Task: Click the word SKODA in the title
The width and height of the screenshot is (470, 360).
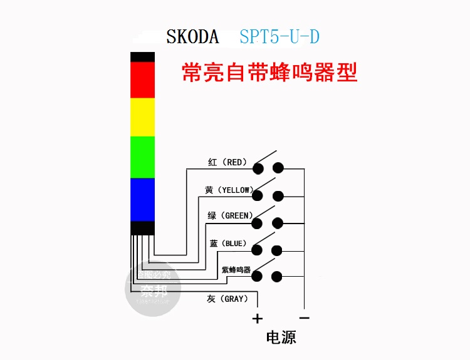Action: [192, 37]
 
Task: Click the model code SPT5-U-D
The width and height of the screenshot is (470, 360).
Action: [279, 37]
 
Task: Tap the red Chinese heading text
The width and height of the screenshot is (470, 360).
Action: [269, 73]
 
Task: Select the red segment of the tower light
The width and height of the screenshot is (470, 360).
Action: [142, 80]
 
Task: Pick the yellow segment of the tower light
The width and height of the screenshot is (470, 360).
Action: [142, 116]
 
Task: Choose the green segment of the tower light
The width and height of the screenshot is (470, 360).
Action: [142, 157]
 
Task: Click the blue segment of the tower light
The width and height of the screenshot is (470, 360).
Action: [142, 199]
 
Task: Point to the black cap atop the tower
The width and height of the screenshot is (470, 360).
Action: [142, 56]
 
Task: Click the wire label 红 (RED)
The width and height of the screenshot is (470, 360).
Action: [227, 163]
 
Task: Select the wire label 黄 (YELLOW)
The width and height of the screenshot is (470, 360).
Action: [227, 190]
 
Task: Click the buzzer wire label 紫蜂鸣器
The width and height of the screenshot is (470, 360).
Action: [236, 270]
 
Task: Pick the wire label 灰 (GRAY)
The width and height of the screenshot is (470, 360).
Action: [227, 299]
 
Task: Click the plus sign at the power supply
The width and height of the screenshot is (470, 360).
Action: [257, 319]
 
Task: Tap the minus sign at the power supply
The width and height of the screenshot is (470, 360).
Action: [304, 317]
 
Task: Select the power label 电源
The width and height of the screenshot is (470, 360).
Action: [281, 338]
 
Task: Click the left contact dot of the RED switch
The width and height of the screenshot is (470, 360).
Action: [258, 168]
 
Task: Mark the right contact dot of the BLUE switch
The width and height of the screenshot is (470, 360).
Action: [278, 250]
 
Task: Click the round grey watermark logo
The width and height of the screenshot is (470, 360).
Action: [154, 289]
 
